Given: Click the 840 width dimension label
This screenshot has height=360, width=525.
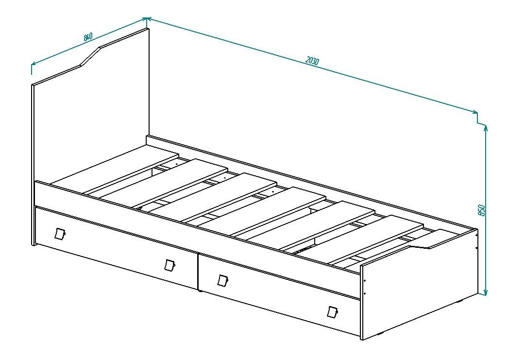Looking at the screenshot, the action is pos(88,37).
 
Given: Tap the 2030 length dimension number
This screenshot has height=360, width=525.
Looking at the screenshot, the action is pos(312,61).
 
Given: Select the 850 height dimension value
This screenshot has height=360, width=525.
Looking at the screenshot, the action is pos(482,210).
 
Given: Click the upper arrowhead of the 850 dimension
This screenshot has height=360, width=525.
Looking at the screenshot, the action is pos(486,129).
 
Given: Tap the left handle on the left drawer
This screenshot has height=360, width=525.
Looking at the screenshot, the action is pos(60,233).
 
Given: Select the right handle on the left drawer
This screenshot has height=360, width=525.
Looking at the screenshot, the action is pos(170,265).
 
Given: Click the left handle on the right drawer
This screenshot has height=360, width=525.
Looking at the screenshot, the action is pos(222,280).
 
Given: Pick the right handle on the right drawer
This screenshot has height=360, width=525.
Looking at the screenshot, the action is pos(332,312).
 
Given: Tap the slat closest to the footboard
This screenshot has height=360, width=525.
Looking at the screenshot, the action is pos(375,240).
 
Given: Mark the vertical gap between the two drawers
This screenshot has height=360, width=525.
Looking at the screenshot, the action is pos(198,272).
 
